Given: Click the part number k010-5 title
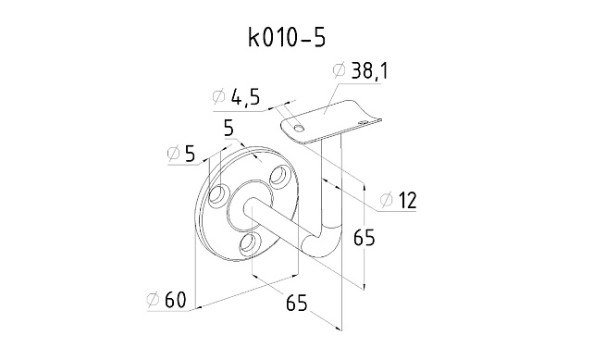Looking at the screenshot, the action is click(287, 38).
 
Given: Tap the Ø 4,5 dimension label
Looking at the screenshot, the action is click(237, 98).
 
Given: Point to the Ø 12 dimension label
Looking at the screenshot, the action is click(398, 201).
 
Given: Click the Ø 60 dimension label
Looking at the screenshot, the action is click(167, 300).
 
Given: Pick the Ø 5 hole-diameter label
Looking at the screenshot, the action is click(181, 154).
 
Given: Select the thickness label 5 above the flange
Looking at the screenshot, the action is click(229, 129).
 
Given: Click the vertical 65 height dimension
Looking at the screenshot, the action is click(364, 238).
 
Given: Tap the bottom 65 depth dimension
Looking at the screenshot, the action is click(296, 302).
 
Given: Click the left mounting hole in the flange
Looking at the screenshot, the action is click(217, 194).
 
